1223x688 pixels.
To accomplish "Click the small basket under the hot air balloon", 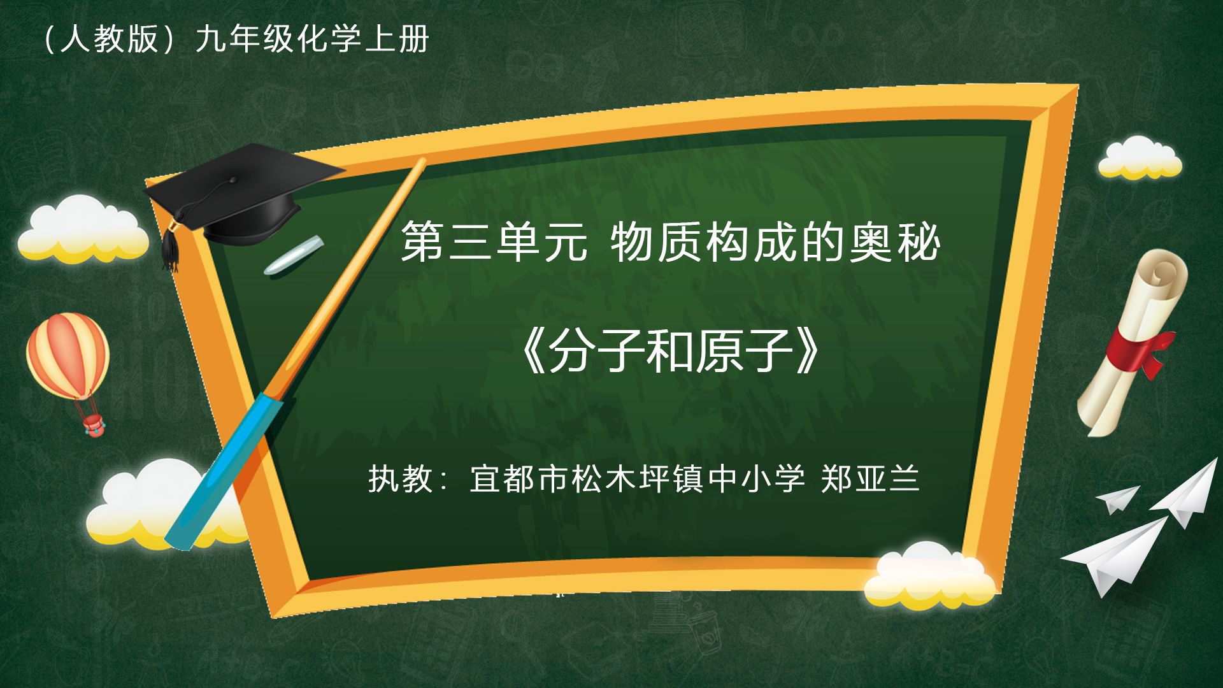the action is click(93, 425).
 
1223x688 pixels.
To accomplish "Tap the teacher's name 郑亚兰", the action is click(870, 478).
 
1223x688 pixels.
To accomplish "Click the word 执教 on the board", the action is click(401, 478).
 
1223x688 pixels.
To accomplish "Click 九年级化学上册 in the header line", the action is click(312, 39).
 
